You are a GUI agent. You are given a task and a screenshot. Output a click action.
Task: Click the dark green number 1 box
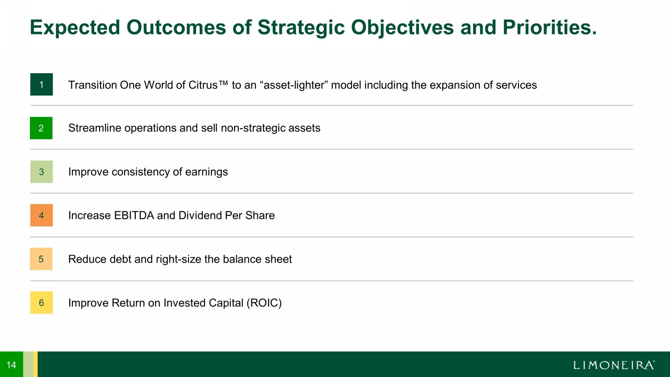[x=42, y=84]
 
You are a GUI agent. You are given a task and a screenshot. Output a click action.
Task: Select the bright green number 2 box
[x=41, y=128]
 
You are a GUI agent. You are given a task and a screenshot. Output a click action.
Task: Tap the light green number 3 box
[x=42, y=172]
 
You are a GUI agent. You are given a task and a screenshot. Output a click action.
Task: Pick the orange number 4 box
[x=42, y=215]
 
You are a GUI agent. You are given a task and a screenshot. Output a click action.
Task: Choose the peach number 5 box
[x=41, y=259]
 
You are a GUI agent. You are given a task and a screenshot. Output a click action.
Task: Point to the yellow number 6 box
[x=42, y=302]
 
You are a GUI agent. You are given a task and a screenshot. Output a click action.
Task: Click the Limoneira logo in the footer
[x=614, y=365]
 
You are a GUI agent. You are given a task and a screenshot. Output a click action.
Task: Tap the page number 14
[x=11, y=365]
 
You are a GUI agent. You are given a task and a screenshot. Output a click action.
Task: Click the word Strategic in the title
[x=301, y=28]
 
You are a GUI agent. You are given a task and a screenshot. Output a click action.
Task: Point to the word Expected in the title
[x=75, y=28]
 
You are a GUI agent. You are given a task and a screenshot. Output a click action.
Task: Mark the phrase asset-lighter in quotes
[x=294, y=85]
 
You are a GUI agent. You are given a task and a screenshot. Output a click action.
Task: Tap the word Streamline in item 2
[x=95, y=128]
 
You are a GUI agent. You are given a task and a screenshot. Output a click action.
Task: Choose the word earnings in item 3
[x=206, y=172]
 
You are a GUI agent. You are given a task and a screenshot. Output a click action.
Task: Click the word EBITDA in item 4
[x=134, y=215]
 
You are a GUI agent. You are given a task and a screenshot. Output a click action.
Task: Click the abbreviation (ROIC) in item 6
[x=264, y=303]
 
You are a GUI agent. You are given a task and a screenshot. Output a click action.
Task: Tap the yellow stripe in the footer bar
[x=35, y=364]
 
